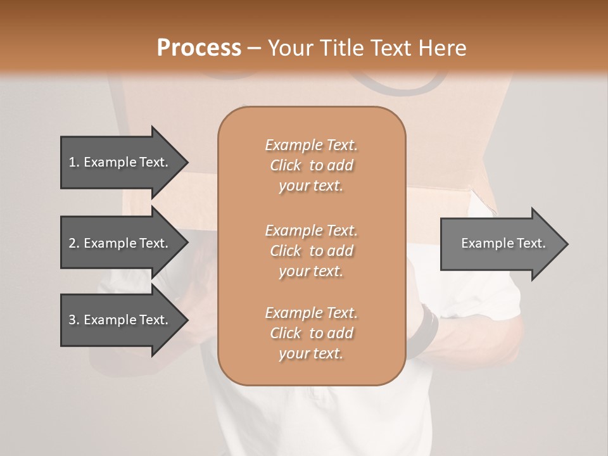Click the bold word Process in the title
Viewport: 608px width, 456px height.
click(x=199, y=47)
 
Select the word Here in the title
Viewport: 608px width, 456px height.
click(x=445, y=47)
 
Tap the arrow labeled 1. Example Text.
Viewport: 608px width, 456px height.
click(x=120, y=162)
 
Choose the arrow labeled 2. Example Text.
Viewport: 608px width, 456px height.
click(x=120, y=243)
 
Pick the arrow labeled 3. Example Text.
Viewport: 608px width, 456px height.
click(x=120, y=320)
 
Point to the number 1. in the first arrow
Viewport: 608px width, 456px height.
click(x=74, y=162)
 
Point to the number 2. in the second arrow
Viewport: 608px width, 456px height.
click(x=74, y=243)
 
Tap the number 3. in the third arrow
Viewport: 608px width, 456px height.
click(x=74, y=320)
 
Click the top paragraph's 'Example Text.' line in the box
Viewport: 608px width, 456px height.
click(x=311, y=145)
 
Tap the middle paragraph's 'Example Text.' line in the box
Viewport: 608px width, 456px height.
click(x=311, y=231)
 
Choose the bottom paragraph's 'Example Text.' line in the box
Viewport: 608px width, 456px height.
click(x=311, y=313)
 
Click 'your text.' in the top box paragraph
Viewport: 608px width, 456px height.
click(x=311, y=186)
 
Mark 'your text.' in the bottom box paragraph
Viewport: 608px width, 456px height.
click(x=311, y=354)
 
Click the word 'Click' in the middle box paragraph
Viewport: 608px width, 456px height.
click(x=286, y=251)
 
